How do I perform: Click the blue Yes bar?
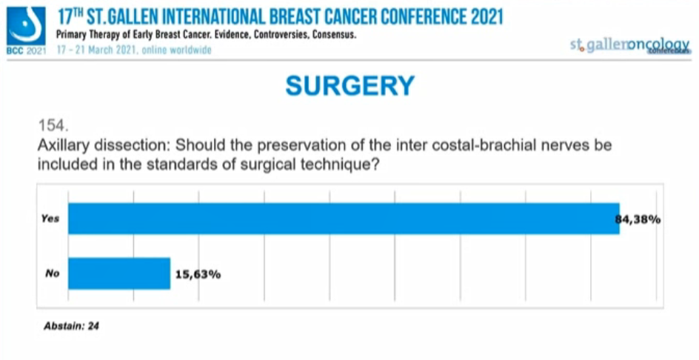(344, 219)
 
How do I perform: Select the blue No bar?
(119, 273)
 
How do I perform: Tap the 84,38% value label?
(638, 219)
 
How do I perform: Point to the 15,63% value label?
(198, 274)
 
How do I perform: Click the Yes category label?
(50, 219)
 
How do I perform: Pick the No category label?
(52, 274)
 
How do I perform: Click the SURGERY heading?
(349, 86)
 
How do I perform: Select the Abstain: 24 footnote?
(72, 325)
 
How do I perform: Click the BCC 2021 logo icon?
(25, 27)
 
